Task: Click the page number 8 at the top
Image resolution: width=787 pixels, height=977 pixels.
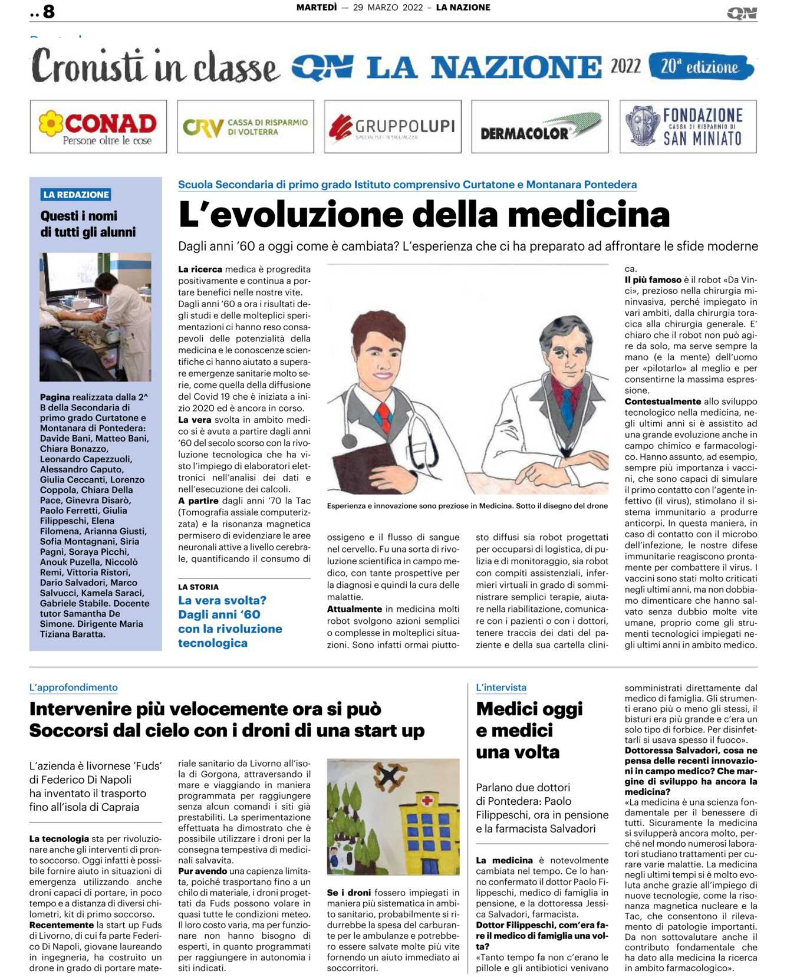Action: pyautogui.click(x=48, y=11)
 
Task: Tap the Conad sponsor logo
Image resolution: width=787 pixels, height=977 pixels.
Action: pyautogui.click(x=98, y=127)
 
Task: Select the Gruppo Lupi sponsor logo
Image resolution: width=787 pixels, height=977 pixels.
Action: pyautogui.click(x=393, y=127)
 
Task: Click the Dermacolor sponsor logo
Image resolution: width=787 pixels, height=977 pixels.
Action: pyautogui.click(x=539, y=127)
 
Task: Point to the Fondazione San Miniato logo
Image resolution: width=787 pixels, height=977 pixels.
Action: pyautogui.click(x=688, y=127)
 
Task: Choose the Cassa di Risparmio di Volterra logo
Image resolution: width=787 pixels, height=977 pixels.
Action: pyautogui.click(x=245, y=127)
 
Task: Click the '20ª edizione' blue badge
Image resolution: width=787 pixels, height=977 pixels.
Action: pyautogui.click(x=700, y=67)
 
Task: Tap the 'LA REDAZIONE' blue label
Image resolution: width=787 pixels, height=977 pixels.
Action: pyautogui.click(x=76, y=195)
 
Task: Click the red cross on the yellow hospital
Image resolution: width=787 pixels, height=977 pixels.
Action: pyautogui.click(x=427, y=800)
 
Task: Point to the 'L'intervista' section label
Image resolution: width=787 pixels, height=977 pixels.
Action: pyautogui.click(x=500, y=687)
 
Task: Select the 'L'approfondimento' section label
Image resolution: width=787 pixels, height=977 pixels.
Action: pyautogui.click(x=74, y=687)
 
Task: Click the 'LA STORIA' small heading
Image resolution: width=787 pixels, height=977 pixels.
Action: pyautogui.click(x=198, y=587)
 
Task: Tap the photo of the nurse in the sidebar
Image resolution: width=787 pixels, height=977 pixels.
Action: pyautogui.click(x=96, y=317)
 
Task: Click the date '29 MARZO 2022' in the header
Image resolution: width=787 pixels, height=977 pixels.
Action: pyautogui.click(x=388, y=8)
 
